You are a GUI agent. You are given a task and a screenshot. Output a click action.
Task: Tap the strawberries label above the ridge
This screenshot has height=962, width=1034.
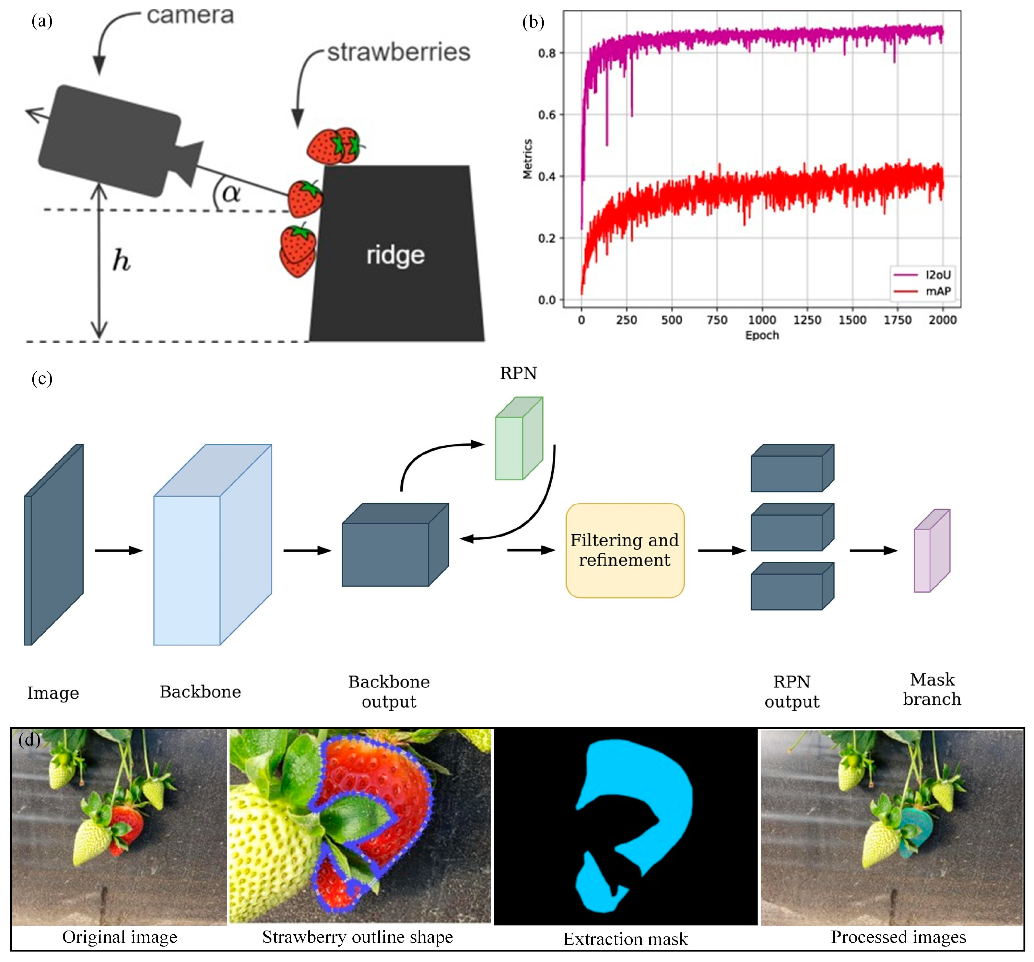[399, 52]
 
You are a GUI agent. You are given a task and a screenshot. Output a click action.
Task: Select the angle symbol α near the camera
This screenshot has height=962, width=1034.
[231, 193]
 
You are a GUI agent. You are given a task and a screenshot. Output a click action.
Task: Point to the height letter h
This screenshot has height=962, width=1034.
[121, 260]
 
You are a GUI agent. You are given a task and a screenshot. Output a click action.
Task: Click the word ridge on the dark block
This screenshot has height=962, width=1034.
[395, 255]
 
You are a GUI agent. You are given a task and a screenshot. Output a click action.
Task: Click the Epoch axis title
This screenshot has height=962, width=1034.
[762, 335]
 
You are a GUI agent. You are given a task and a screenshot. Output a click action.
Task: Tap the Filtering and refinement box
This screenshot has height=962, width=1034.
[625, 550]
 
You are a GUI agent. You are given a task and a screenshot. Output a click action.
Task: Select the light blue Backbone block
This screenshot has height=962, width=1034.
[212, 545]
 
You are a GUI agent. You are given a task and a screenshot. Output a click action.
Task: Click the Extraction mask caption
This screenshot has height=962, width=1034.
[625, 939]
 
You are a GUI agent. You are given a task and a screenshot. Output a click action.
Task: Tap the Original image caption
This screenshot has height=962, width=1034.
[120, 936]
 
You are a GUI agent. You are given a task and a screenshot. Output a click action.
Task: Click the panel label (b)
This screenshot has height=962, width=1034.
[533, 23]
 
